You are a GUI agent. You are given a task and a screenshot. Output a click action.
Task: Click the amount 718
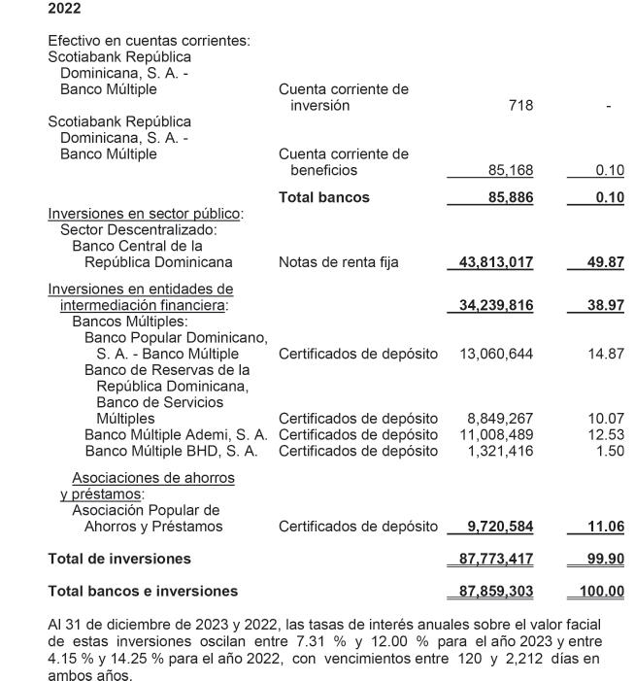[520, 105]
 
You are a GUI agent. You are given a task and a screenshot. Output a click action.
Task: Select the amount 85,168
[510, 171]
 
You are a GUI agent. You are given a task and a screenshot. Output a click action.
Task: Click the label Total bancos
[324, 197]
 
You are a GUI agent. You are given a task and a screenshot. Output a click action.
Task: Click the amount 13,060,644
[496, 354]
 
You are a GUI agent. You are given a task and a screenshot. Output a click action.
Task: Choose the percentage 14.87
[606, 354]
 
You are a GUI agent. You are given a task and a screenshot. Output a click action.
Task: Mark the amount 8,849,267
[500, 419]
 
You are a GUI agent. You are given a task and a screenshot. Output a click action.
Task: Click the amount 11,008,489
[496, 434]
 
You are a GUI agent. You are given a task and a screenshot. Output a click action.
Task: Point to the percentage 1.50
[610, 450]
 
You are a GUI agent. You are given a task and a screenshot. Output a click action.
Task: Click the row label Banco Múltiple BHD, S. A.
[171, 450]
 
